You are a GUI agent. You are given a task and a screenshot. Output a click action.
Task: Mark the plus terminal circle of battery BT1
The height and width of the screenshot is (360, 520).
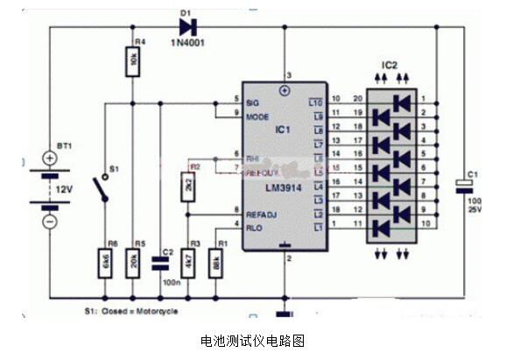(50, 159)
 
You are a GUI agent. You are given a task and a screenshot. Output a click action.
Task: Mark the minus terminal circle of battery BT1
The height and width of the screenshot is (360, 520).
(50, 222)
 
